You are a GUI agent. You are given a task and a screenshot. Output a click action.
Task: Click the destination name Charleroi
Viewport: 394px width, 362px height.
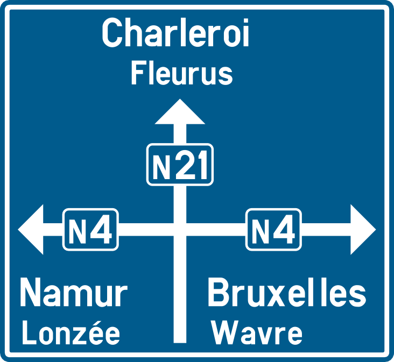pos(175,33)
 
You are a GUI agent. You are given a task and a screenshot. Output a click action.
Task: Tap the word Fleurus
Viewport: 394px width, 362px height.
pos(182,74)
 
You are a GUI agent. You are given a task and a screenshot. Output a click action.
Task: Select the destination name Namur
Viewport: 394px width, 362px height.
pos(74,293)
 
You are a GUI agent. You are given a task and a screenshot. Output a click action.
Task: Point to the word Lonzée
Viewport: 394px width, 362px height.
pos(71,333)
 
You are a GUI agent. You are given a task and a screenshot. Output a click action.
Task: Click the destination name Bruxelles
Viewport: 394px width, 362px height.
pos(287,293)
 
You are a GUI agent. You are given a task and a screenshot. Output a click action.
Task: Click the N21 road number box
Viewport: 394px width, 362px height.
pos(180,165)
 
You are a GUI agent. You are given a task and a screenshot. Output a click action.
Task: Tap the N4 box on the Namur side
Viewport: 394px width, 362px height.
pos(90,230)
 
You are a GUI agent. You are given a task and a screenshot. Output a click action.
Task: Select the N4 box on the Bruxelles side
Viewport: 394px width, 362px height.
pos(273,230)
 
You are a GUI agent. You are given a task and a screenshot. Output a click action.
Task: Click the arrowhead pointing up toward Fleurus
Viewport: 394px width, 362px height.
pos(180,113)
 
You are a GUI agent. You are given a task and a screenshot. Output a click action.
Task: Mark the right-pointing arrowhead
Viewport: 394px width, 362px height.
pos(363,230)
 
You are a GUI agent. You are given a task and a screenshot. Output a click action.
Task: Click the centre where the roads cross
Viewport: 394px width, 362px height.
pos(180,230)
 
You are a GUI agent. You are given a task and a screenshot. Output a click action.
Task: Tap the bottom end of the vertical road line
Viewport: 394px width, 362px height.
pos(180,343)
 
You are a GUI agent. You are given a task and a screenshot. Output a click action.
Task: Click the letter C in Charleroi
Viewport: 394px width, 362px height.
pos(111,33)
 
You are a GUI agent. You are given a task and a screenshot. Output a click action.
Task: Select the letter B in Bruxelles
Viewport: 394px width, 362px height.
pos(218,293)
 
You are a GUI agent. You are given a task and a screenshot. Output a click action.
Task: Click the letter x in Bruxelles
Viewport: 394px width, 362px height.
pos(274,296)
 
